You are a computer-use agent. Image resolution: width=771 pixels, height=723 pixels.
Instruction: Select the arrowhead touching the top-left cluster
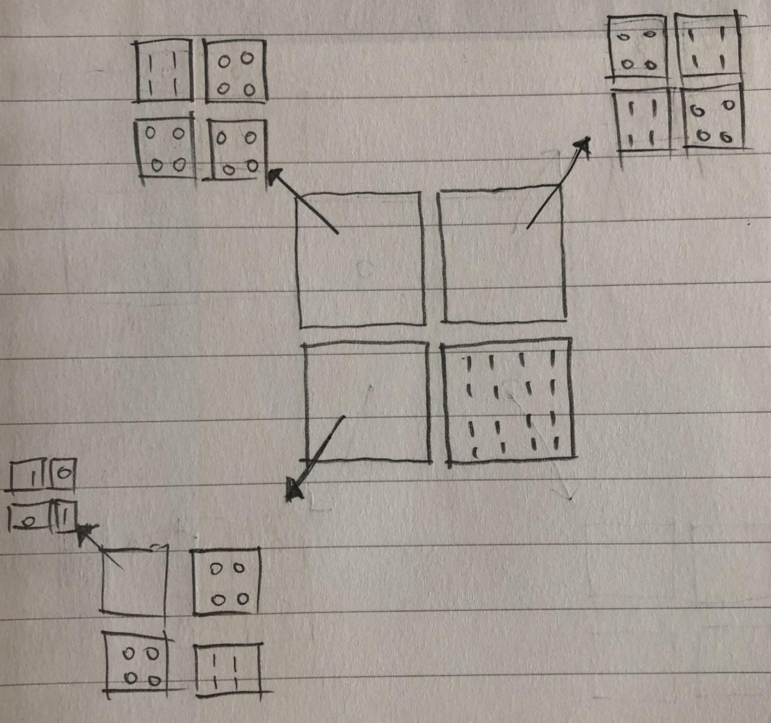click(274, 175)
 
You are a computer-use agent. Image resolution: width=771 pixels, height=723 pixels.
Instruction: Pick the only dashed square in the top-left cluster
click(164, 70)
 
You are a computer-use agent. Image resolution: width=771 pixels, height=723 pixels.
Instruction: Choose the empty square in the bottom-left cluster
click(134, 581)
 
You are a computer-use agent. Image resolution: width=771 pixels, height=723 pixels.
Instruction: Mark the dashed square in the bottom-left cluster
click(227, 669)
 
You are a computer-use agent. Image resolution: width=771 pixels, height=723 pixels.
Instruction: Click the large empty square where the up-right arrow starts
click(503, 257)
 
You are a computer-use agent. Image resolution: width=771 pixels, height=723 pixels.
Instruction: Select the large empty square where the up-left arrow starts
click(361, 260)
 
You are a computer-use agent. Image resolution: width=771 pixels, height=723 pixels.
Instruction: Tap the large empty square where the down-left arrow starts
click(367, 402)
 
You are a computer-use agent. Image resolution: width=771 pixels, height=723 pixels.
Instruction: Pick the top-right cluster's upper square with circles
click(637, 47)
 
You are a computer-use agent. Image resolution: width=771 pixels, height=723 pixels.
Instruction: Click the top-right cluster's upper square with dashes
click(706, 45)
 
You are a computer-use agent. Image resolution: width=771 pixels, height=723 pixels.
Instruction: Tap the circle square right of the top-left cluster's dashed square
click(235, 72)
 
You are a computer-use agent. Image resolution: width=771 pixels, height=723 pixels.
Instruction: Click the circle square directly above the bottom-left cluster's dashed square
click(226, 581)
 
